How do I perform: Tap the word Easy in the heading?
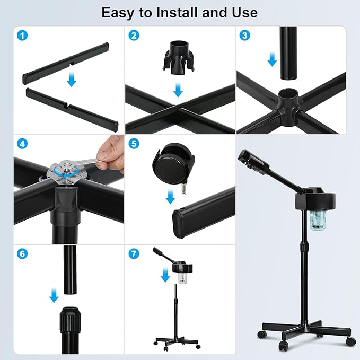[x=117, y=13]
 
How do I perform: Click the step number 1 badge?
[x=22, y=36]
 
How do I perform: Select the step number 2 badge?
[x=134, y=36]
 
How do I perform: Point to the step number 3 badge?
[x=245, y=36]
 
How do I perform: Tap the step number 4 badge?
[x=22, y=144]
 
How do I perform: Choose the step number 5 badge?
[x=134, y=144]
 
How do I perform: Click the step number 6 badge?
[x=22, y=254]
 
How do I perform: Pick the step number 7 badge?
[x=134, y=254]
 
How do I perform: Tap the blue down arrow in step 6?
[x=54, y=295]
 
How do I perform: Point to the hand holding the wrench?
[x=109, y=151]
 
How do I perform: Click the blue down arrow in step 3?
[x=273, y=59]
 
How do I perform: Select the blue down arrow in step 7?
[x=165, y=275]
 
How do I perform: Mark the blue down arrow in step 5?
[x=170, y=197]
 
